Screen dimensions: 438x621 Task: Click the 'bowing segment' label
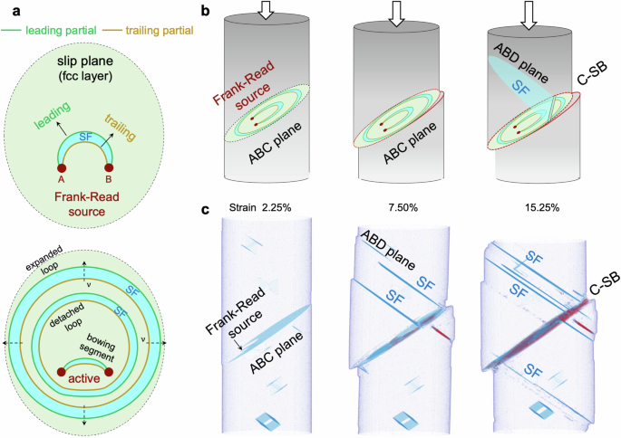[x=108, y=347]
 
